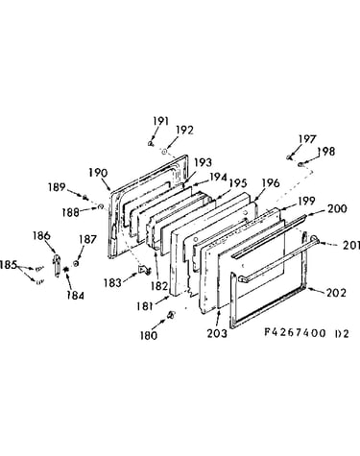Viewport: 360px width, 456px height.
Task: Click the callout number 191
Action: pos(160,121)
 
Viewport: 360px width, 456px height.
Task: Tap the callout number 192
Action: pos(185,131)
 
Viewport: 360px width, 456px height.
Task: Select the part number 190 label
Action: pos(98,173)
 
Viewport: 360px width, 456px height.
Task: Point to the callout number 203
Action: pos(217,333)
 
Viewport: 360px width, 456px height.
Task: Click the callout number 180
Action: pos(149,335)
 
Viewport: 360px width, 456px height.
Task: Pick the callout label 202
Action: pos(336,293)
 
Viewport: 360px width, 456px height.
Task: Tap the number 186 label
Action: pos(41,236)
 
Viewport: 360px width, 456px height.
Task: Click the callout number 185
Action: pos(9,265)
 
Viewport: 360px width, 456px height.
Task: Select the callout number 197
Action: pos(307,139)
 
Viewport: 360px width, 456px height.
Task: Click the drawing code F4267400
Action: pos(295,333)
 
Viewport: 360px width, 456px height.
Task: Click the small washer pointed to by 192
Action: pos(164,152)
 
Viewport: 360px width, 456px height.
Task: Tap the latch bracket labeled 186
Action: pos(57,265)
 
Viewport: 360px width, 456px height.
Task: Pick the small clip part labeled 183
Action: pos(144,270)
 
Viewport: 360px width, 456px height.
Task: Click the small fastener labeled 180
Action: pos(171,315)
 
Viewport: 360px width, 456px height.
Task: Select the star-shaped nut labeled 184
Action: pos(66,270)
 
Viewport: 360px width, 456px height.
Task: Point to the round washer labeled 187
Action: pos(76,263)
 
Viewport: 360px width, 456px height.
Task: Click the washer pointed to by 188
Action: pos(100,206)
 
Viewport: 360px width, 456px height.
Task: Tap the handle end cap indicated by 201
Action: pos(314,240)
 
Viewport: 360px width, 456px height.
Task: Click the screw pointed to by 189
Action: pos(85,198)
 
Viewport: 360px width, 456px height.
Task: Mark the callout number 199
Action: pos(306,201)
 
